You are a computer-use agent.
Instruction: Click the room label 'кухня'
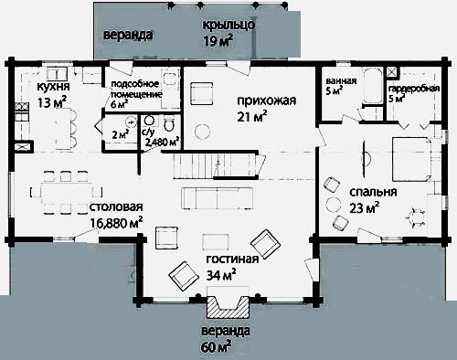click(53, 87)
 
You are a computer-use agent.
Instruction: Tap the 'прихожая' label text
click(266, 101)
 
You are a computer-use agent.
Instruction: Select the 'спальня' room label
click(373, 193)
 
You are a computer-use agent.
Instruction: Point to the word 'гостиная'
click(232, 259)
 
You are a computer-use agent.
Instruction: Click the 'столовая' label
click(116, 206)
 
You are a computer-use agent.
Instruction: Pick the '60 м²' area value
click(216, 347)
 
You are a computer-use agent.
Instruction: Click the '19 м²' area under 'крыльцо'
click(218, 41)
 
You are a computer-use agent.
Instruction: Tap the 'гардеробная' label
click(414, 89)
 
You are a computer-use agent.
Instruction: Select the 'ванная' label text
click(341, 81)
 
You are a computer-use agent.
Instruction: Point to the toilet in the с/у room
click(169, 123)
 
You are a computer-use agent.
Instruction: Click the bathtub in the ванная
click(372, 85)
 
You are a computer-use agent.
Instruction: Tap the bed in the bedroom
click(411, 159)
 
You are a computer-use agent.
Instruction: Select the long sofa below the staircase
click(217, 198)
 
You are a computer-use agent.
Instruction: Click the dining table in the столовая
click(67, 193)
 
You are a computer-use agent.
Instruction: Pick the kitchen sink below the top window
click(58, 74)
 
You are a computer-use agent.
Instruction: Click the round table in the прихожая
click(202, 132)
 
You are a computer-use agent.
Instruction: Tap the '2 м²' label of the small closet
click(120, 134)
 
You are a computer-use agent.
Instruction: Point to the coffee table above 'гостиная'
click(216, 241)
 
